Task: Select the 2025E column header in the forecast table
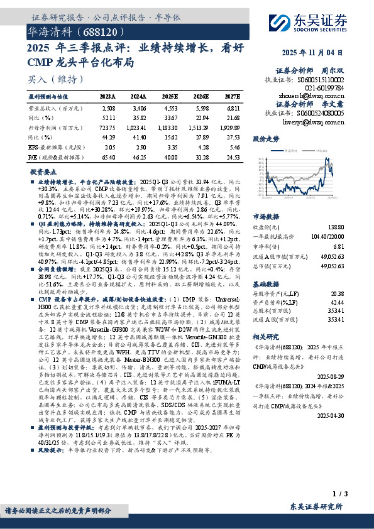coord(170,97)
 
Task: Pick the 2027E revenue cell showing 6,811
coord(232,108)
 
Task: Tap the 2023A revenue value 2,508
coord(107,108)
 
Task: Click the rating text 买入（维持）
coord(55,79)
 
